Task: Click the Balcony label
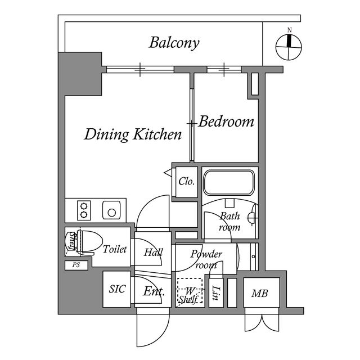pyautogui.click(x=174, y=43)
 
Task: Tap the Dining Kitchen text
pyautogui.click(x=133, y=135)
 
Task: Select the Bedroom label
pyautogui.click(x=226, y=121)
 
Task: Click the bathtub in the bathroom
pyautogui.click(x=229, y=182)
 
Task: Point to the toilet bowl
pyautogui.click(x=90, y=242)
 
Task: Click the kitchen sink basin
pyautogui.click(x=111, y=210)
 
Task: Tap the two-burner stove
pyautogui.click(x=84, y=210)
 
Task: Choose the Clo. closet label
pyautogui.click(x=187, y=181)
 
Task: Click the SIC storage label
pyautogui.click(x=118, y=289)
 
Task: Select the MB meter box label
pyautogui.click(x=260, y=294)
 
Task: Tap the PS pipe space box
pyautogui.click(x=76, y=265)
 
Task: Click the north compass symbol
pyautogui.click(x=289, y=47)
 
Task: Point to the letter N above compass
pyautogui.click(x=290, y=30)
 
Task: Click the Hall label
pyautogui.click(x=154, y=253)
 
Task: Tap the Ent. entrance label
pyautogui.click(x=154, y=291)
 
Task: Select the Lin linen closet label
pyautogui.click(x=215, y=293)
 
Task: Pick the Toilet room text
pyautogui.click(x=115, y=249)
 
